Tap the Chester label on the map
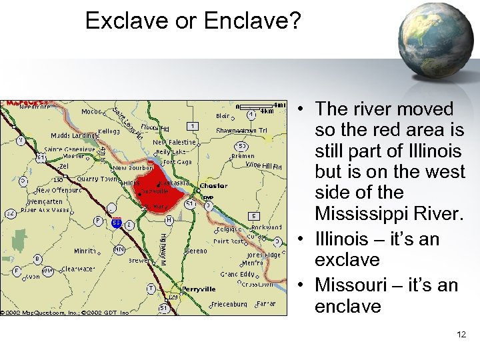(213, 186)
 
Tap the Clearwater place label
(79, 269)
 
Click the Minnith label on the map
(85, 251)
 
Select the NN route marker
(119, 249)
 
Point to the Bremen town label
(242, 156)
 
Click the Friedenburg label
(229, 304)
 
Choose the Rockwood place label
(267, 227)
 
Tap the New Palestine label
(174, 142)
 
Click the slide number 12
(461, 335)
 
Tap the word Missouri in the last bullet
(353, 285)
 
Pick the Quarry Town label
(97, 179)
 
